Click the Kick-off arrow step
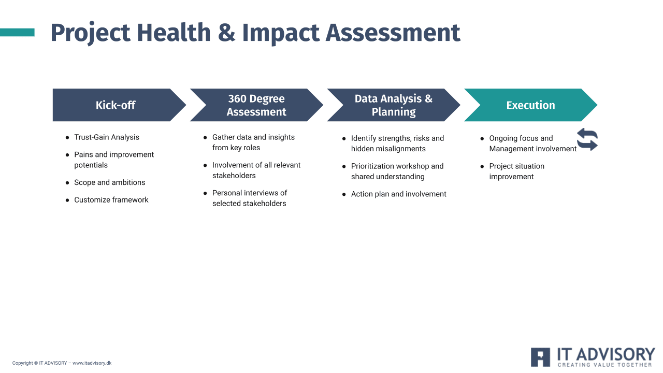pyautogui.click(x=119, y=105)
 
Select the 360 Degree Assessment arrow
pyautogui.click(x=256, y=105)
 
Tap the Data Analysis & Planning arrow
pyautogui.click(x=394, y=105)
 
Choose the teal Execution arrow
pyautogui.click(x=531, y=105)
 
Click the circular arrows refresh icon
pyautogui.click(x=587, y=139)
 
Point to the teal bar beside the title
pyautogui.click(x=17, y=32)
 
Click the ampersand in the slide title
pyautogui.click(x=227, y=33)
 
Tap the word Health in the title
pyautogui.click(x=174, y=32)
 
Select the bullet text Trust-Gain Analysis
pyautogui.click(x=107, y=137)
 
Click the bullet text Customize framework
pyautogui.click(x=111, y=200)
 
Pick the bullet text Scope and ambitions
pyautogui.click(x=109, y=182)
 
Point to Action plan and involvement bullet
pyautogui.click(x=398, y=194)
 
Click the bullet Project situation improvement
pyautogui.click(x=516, y=171)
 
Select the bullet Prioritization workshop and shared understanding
pyautogui.click(x=397, y=171)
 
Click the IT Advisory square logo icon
pyautogui.click(x=540, y=357)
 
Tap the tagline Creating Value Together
pyautogui.click(x=605, y=365)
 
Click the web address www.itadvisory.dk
pyautogui.click(x=92, y=363)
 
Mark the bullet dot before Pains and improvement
pyautogui.click(x=67, y=155)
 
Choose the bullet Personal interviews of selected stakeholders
pyautogui.click(x=250, y=198)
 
